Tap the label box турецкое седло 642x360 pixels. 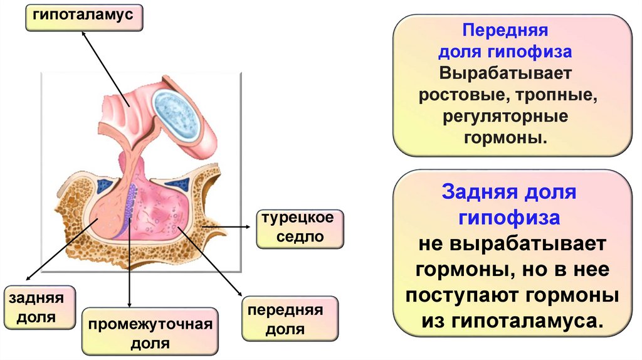[299, 229]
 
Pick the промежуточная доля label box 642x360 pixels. [150, 334]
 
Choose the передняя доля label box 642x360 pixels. [289, 320]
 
